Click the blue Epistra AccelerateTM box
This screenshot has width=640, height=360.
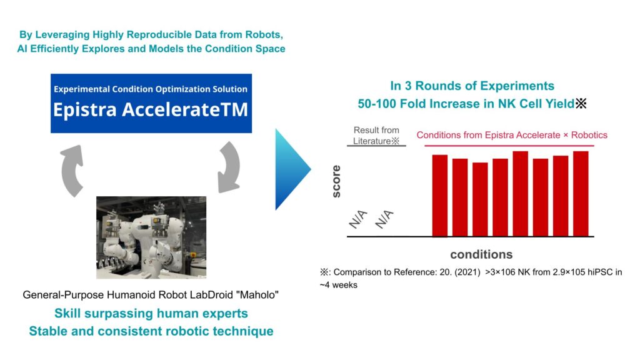point(151,103)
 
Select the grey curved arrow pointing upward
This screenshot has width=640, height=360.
point(72,171)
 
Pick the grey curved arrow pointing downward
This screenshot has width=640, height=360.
point(228,167)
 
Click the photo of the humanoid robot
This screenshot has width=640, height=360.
point(151,237)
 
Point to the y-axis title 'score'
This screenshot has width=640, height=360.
point(336,182)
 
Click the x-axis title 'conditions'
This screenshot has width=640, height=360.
point(481,254)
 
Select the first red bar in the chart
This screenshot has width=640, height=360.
point(439,196)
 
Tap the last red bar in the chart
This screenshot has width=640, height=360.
point(581,194)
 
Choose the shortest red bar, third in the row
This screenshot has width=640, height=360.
point(480,199)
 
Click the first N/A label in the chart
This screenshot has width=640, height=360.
point(358,219)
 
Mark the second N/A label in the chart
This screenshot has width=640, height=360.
point(384,219)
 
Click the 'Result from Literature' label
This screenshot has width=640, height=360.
point(376,136)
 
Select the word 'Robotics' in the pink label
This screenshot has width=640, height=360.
point(589,135)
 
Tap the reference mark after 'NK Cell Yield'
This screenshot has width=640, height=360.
point(581,104)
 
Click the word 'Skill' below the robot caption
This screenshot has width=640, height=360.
point(66,313)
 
